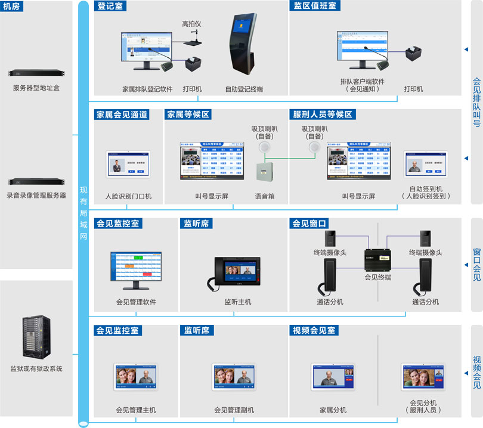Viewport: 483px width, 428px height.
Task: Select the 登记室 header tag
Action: point(111,6)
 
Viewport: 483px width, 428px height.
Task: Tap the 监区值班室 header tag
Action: point(315,6)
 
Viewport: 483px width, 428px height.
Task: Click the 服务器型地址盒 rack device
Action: point(36,73)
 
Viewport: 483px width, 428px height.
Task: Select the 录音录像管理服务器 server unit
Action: point(36,181)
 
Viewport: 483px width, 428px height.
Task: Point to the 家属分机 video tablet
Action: point(333,378)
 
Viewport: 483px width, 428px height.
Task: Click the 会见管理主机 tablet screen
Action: point(137,378)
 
